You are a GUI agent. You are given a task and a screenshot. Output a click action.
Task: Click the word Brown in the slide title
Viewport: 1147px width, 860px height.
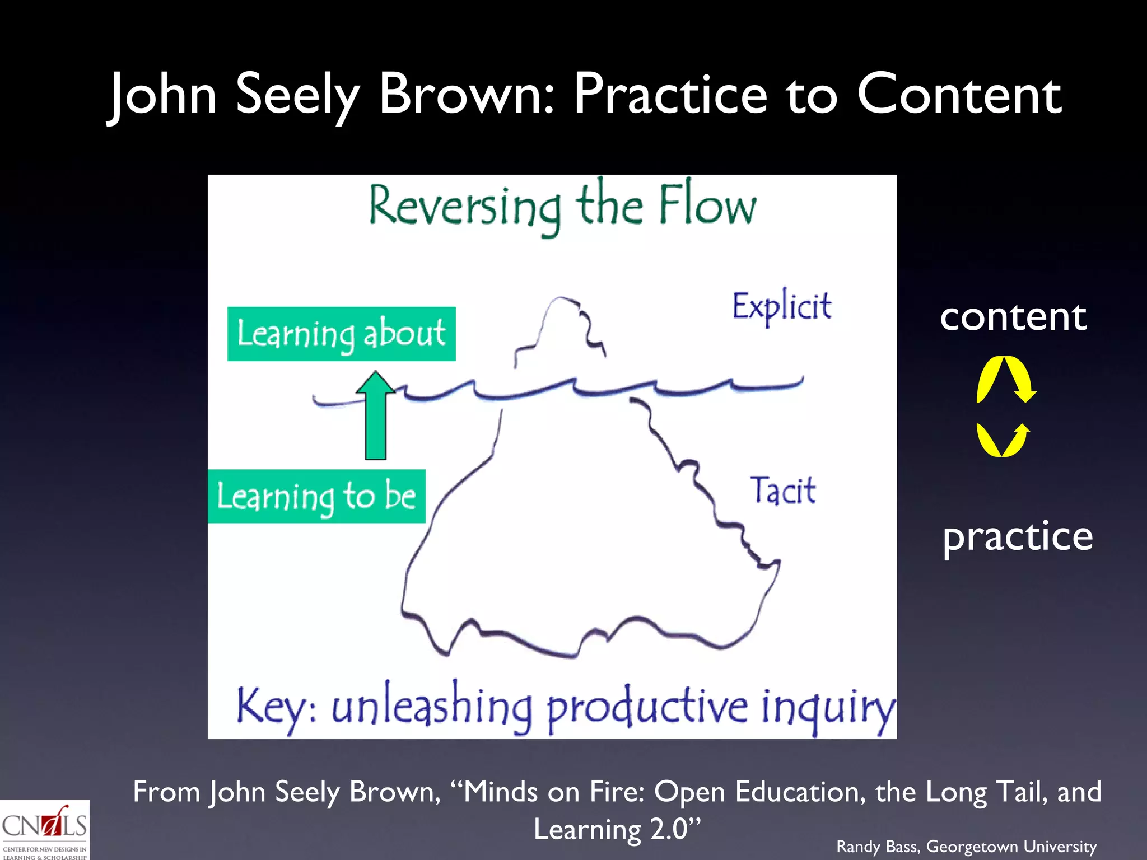point(466,94)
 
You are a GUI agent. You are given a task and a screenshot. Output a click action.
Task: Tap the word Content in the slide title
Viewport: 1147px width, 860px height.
point(959,94)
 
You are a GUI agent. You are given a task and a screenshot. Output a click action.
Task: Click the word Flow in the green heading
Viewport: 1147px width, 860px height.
point(707,205)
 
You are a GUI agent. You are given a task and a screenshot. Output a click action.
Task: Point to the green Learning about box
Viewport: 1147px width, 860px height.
point(341,334)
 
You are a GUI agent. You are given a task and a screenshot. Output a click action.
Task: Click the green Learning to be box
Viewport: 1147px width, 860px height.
point(316,496)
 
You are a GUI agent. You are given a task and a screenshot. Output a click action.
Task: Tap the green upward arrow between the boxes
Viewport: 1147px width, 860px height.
point(376,417)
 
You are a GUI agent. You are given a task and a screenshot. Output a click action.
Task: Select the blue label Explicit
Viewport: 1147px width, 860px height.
point(782,306)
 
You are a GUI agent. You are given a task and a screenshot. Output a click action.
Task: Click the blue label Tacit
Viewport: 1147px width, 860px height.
point(782,490)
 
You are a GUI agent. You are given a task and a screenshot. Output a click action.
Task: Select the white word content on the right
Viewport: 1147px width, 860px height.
point(1013,316)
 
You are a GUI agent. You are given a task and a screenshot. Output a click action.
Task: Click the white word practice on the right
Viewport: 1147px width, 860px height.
point(1017,536)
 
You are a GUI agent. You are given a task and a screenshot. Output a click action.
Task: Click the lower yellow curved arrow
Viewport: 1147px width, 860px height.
point(1003,440)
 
